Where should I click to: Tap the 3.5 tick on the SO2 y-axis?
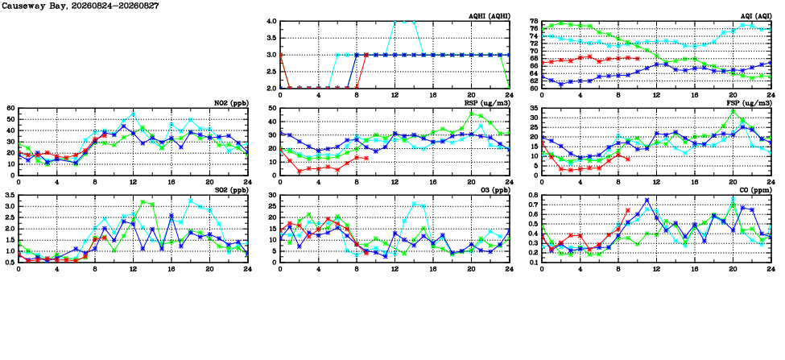coord(10,194)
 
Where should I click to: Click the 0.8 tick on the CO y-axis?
coord(534,194)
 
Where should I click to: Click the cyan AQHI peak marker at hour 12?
coord(395,22)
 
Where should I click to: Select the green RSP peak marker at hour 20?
coord(471,114)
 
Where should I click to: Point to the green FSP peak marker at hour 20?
coord(733,112)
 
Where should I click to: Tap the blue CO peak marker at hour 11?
coord(647,201)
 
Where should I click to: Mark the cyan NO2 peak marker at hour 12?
coord(133,114)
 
